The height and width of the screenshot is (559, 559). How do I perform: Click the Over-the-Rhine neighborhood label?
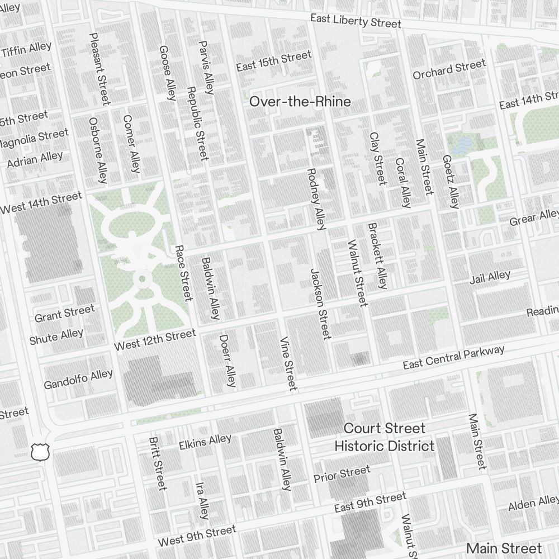click(x=300, y=102)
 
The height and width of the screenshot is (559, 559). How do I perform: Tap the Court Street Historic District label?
click(x=385, y=437)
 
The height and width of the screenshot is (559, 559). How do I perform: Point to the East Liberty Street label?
click(x=356, y=21)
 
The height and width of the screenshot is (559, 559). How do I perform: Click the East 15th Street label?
click(x=273, y=61)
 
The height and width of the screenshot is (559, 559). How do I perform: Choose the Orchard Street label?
click(x=449, y=70)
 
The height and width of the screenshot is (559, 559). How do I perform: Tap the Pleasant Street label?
click(x=100, y=68)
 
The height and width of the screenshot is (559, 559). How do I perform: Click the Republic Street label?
click(x=197, y=123)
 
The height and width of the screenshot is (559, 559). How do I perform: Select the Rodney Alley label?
click(x=316, y=199)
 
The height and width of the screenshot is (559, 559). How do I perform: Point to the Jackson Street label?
click(x=320, y=304)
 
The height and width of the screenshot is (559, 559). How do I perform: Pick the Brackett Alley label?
click(x=377, y=256)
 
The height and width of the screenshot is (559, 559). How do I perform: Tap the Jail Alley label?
click(x=490, y=277)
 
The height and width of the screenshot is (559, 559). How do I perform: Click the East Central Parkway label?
click(x=454, y=357)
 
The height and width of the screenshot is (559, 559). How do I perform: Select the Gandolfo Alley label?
click(x=78, y=379)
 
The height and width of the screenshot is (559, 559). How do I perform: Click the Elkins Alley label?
click(x=205, y=442)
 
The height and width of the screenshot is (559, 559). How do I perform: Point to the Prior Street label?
click(x=342, y=474)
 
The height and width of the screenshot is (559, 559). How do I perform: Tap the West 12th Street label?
click(x=155, y=340)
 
